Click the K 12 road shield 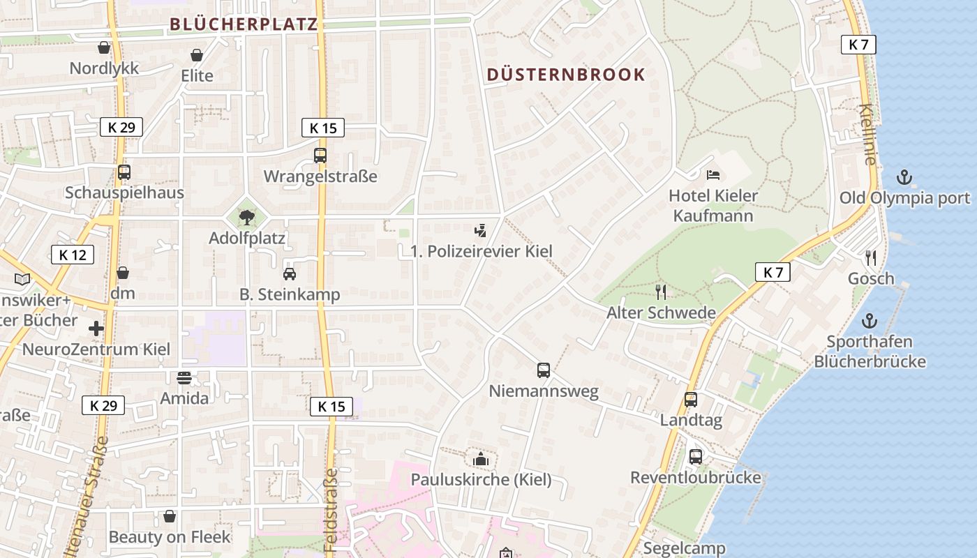click(x=73, y=255)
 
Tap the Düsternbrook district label click(x=566, y=75)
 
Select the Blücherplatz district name click(x=244, y=24)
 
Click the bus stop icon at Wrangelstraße click(x=320, y=156)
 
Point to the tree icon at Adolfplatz click(x=246, y=218)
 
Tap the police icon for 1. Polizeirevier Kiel click(x=480, y=231)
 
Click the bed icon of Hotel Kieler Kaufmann click(x=713, y=175)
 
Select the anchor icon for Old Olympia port click(x=904, y=177)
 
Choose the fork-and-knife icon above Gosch click(x=870, y=258)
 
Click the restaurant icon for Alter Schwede click(x=661, y=292)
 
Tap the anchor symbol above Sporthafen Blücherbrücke click(x=870, y=322)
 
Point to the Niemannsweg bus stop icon click(x=544, y=370)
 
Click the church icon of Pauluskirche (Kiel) click(x=481, y=459)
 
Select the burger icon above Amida click(x=184, y=378)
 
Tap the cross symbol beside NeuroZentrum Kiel click(x=96, y=328)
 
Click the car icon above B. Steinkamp click(x=290, y=274)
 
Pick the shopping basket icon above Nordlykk click(x=104, y=47)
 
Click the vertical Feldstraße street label click(x=331, y=509)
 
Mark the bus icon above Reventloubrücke click(x=696, y=457)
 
